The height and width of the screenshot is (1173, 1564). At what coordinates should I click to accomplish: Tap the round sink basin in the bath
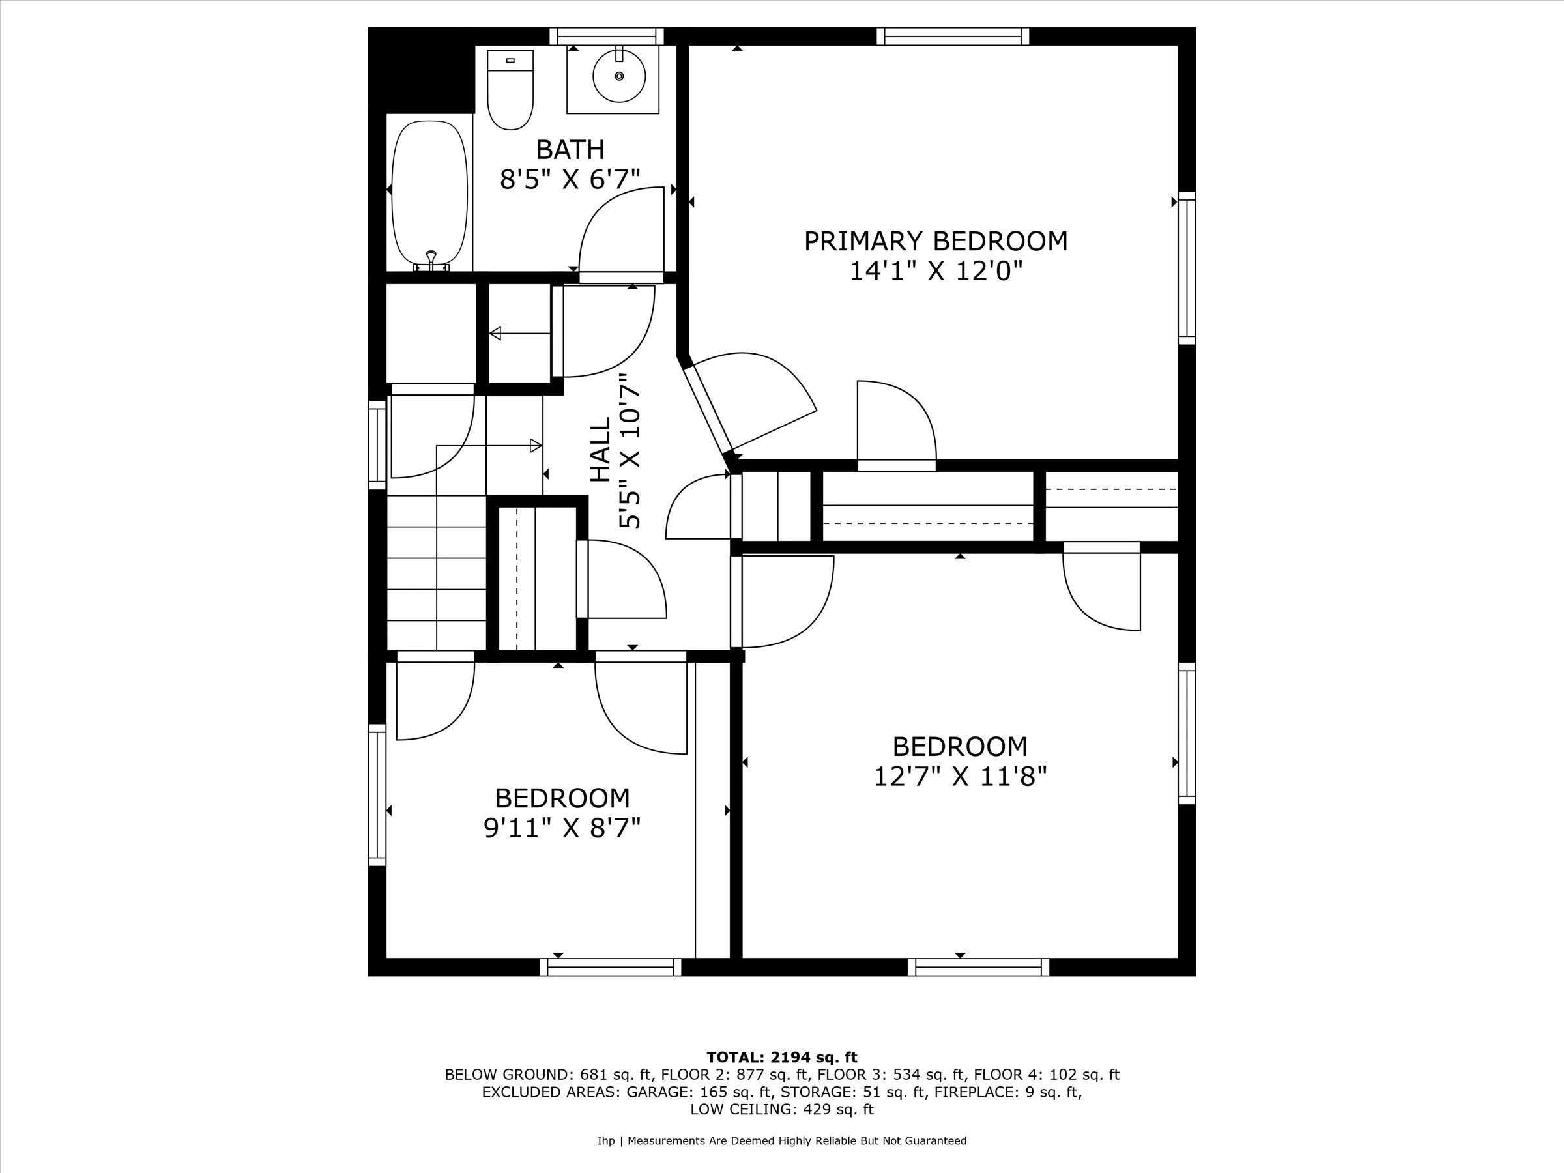tap(618, 76)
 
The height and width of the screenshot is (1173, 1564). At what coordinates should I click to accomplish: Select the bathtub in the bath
tap(429, 192)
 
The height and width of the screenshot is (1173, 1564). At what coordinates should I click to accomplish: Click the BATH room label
tap(570, 150)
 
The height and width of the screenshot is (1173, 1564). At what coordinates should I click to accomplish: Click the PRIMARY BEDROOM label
tap(935, 242)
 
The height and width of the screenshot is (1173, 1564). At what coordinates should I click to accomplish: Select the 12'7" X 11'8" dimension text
tap(959, 777)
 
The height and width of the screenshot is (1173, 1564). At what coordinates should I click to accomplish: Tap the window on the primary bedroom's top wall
tap(952, 36)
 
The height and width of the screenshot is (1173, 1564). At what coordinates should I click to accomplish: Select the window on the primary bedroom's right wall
tap(1187, 268)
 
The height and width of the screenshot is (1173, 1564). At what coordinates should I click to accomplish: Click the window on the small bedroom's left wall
tap(377, 795)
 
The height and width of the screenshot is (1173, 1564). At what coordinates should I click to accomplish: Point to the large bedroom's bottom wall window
tap(978, 967)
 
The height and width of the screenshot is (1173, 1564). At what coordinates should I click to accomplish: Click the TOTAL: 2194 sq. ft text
tap(781, 1058)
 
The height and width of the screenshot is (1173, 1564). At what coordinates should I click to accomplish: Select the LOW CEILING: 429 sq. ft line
tap(781, 1109)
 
